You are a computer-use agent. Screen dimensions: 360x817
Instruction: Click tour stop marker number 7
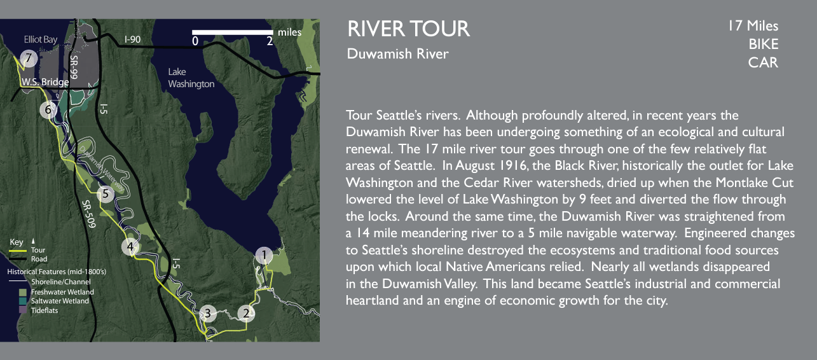pos(27,59)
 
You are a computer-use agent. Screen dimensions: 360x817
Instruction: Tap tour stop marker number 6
pos(48,110)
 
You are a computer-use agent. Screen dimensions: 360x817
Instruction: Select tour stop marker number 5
pos(106,194)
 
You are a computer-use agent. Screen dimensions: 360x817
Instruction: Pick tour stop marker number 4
pos(130,247)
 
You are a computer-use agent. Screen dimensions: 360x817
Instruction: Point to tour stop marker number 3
pos(206,313)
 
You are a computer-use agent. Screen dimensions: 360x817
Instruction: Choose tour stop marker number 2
pos(246,313)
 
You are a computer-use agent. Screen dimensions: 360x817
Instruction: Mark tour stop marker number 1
pos(263,256)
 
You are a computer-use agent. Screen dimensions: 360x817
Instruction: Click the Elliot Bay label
pos(41,39)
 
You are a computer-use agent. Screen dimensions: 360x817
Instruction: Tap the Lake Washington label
pos(191,78)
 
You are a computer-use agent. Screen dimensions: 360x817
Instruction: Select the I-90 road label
pos(132,39)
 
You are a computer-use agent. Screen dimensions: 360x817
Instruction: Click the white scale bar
pos(232,32)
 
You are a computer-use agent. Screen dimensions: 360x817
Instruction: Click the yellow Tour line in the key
pos(18,250)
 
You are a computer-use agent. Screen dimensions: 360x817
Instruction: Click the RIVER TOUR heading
pos(408,29)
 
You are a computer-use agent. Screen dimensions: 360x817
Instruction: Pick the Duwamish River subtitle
pos(397,54)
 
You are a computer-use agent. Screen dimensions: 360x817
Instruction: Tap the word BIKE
pos(763,45)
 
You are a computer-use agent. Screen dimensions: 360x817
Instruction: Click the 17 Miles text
pos(753,26)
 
